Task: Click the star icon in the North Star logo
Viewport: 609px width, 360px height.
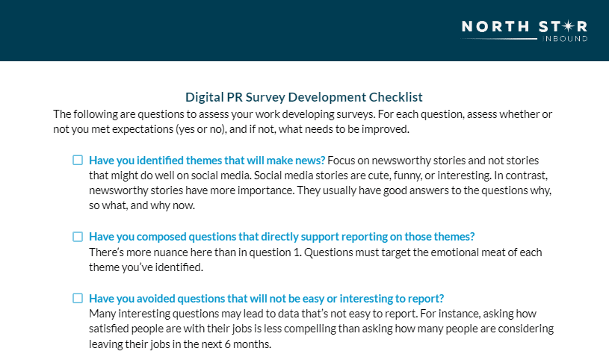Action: (568, 26)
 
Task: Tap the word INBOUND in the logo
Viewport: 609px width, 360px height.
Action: (565, 38)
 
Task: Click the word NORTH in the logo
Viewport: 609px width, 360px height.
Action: (495, 26)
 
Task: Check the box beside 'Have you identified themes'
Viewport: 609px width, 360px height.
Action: (78, 160)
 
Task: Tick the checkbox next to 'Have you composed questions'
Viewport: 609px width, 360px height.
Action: (78, 237)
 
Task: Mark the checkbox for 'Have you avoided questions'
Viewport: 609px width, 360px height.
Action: (78, 298)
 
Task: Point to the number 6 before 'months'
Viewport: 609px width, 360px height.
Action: (227, 344)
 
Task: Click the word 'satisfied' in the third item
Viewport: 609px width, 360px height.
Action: (109, 329)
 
